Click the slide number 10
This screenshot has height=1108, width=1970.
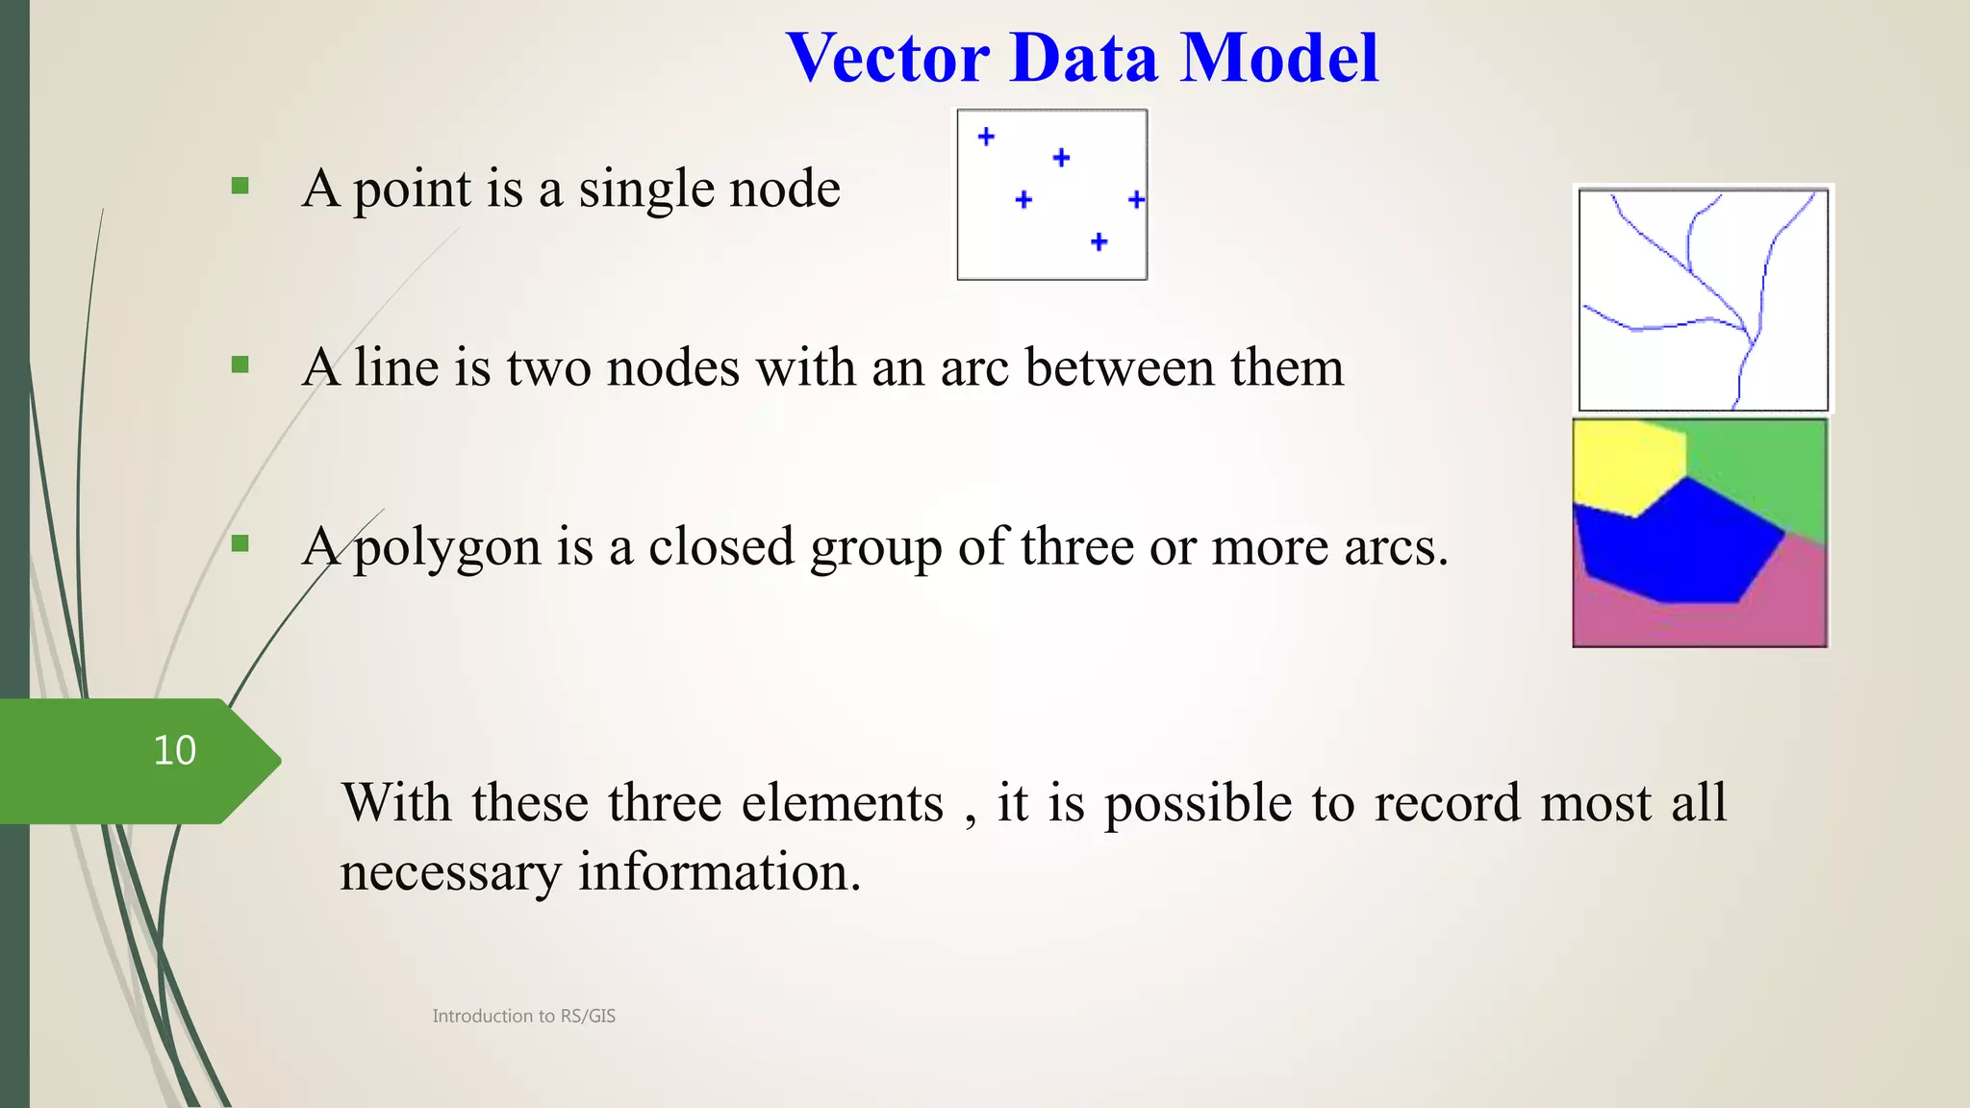tap(174, 751)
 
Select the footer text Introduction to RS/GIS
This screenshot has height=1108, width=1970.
tap(523, 1016)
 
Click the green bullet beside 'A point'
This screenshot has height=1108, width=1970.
tap(240, 186)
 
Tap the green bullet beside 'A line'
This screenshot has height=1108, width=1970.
tap(240, 365)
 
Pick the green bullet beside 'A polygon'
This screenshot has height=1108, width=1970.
tap(240, 543)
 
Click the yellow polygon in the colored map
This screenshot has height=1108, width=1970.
tap(1626, 466)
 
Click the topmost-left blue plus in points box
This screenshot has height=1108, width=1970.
tap(986, 137)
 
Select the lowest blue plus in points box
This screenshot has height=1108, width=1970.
tap(1099, 241)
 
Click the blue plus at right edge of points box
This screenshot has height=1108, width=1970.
tap(1136, 199)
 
